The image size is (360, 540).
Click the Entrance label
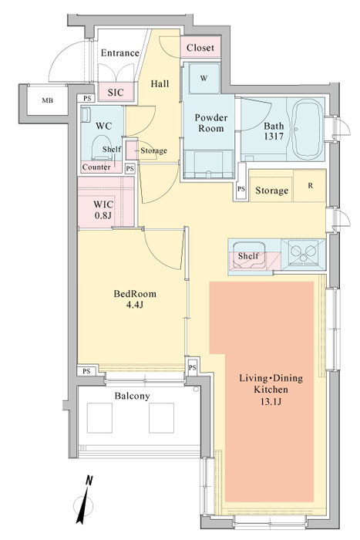click(x=119, y=52)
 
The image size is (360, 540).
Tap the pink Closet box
click(x=200, y=48)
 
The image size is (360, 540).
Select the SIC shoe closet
click(x=116, y=92)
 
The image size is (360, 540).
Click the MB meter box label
click(x=48, y=100)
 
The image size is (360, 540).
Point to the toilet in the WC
click(x=102, y=147)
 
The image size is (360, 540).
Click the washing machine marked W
click(x=204, y=78)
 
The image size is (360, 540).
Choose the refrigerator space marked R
click(x=310, y=186)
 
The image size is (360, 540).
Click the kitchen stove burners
click(x=303, y=253)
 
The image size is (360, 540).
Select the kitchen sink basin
click(x=249, y=255)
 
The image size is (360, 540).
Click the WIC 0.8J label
click(x=103, y=210)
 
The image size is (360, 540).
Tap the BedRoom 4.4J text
click(x=135, y=299)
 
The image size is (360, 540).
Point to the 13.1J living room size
click(x=271, y=402)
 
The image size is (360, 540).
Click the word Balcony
click(x=132, y=396)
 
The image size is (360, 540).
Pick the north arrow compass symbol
click(x=83, y=500)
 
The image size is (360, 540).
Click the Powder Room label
click(x=211, y=123)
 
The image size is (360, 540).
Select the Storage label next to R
click(x=271, y=190)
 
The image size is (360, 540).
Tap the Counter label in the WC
click(x=96, y=167)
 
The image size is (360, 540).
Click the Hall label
click(x=160, y=83)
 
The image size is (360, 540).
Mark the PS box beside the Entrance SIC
click(x=87, y=98)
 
